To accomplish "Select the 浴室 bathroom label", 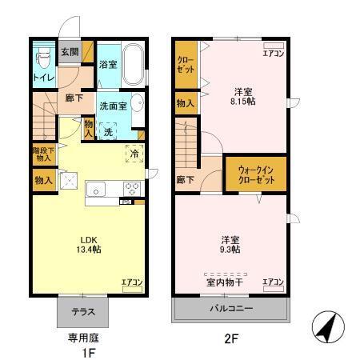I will (x=108, y=63).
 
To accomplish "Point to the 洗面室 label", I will (x=111, y=105).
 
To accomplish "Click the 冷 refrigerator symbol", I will (x=134, y=154).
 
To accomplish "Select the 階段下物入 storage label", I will (x=42, y=154).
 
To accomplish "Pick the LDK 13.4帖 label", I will (x=89, y=244).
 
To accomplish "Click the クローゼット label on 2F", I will (x=185, y=65).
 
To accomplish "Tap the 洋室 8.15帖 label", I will (x=244, y=95).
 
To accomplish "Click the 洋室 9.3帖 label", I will (x=231, y=244).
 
